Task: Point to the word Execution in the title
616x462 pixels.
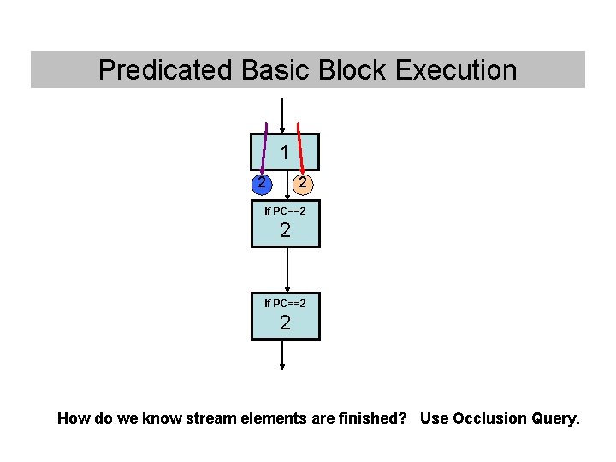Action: point(456,69)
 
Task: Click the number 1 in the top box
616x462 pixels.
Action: point(284,153)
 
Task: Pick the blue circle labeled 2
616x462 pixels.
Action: point(264,183)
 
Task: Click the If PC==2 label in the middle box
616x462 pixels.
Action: point(285,210)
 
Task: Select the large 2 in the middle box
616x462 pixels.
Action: point(285,230)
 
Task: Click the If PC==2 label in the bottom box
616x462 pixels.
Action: point(285,303)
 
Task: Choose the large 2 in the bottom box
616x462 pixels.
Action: point(285,323)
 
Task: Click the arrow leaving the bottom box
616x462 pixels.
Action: point(282,355)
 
